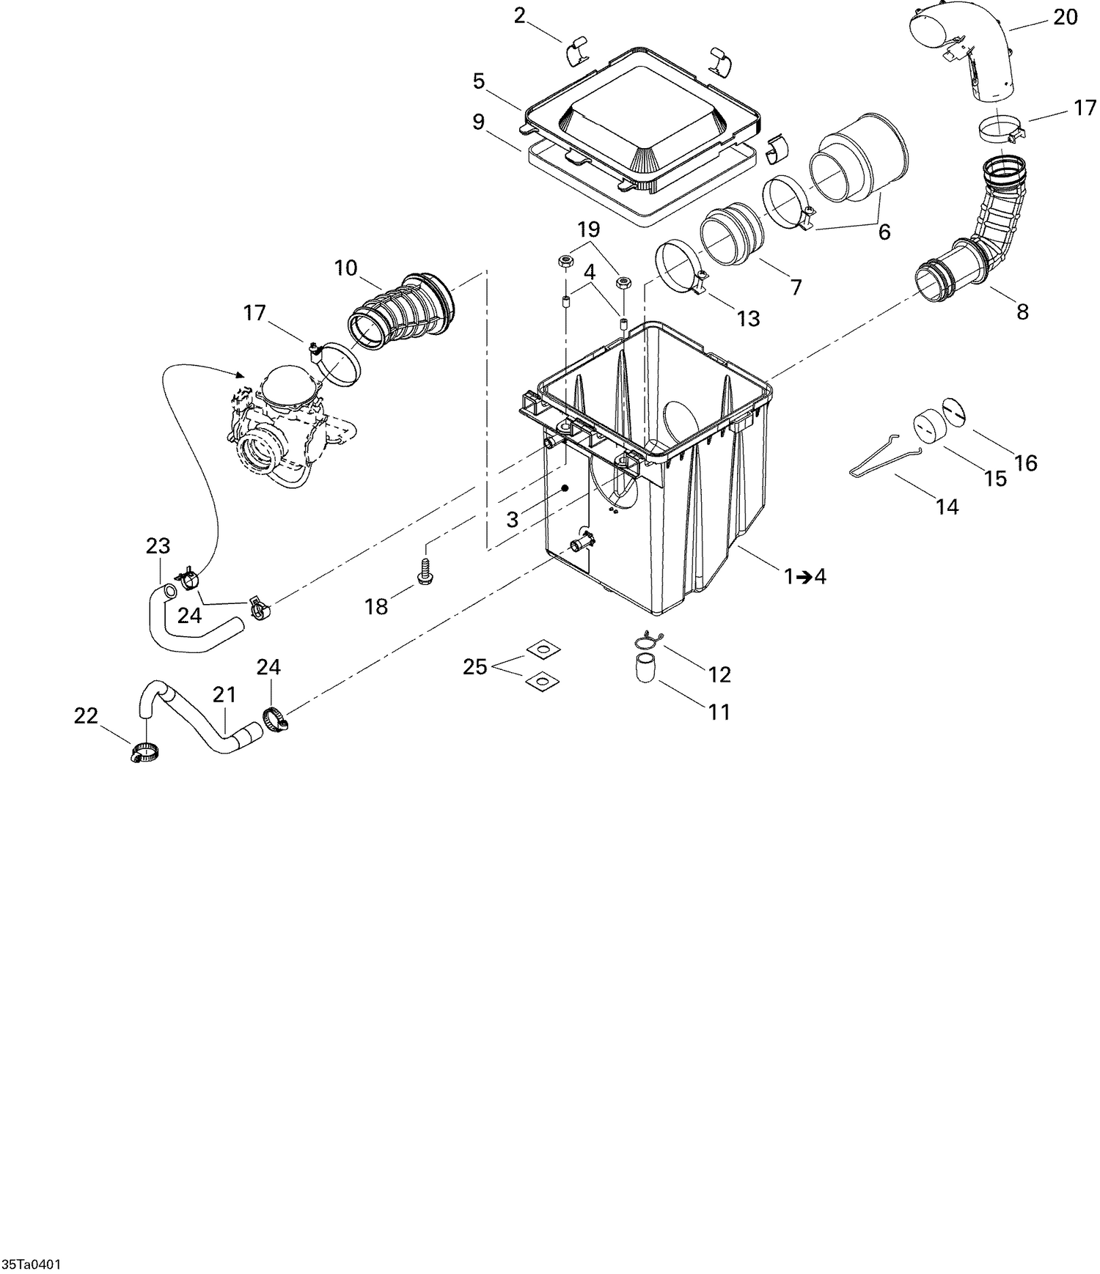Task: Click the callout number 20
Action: point(1065,16)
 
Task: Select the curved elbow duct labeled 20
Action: point(968,51)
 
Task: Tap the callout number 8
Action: point(1022,312)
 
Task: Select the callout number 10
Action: point(345,268)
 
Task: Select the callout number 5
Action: point(479,81)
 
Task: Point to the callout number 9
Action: point(479,122)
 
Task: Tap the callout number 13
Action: point(749,319)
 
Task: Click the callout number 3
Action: point(512,520)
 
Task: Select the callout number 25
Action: point(475,667)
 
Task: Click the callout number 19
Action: point(588,229)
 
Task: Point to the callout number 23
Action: point(158,546)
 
